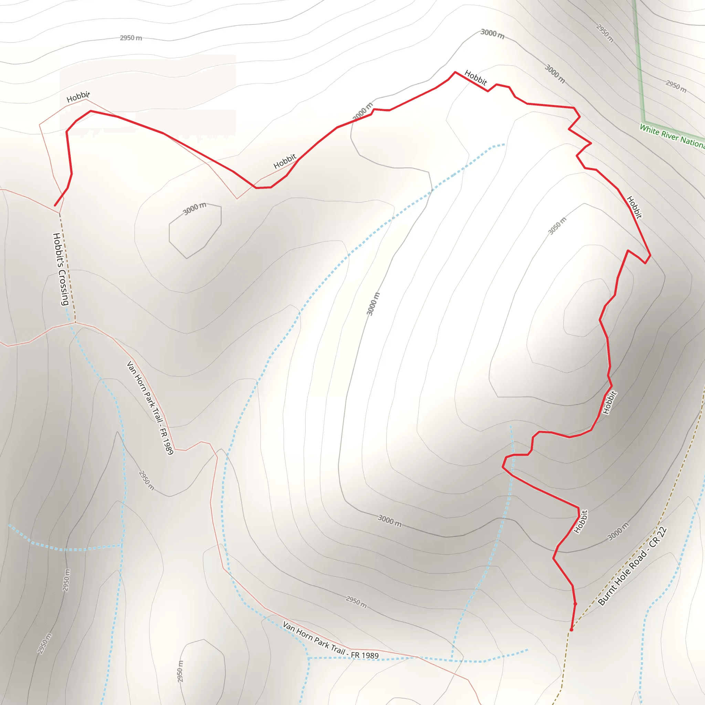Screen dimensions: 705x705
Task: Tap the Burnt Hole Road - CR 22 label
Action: (632, 566)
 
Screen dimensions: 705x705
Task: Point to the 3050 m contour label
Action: (557, 226)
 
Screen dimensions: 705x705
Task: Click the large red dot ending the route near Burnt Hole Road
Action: (571, 630)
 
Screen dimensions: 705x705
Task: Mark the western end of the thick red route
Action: (55, 206)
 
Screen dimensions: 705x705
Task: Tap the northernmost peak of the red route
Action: (455, 72)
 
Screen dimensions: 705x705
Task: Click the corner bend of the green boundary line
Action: (644, 122)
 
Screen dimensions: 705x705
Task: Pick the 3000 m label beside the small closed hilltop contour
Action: (194, 209)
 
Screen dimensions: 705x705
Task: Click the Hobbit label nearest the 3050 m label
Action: (634, 207)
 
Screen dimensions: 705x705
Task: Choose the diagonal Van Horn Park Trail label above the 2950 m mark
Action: (150, 407)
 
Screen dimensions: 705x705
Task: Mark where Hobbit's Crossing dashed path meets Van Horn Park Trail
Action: (75, 323)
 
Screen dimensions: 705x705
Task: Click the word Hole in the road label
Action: (625, 575)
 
